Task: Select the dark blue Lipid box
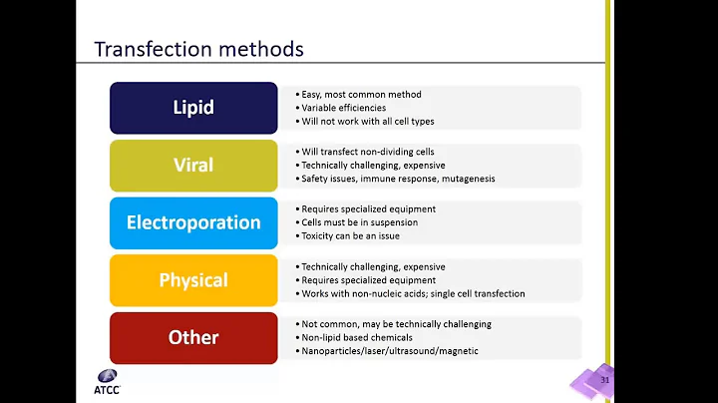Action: point(193,108)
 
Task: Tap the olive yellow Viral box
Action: point(193,165)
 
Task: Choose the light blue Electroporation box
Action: point(193,222)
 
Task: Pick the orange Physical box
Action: point(193,280)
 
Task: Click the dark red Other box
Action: point(193,337)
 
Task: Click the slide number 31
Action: point(603,380)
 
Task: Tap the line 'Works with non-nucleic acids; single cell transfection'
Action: point(411,294)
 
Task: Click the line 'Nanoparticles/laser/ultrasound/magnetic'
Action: point(388,351)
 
